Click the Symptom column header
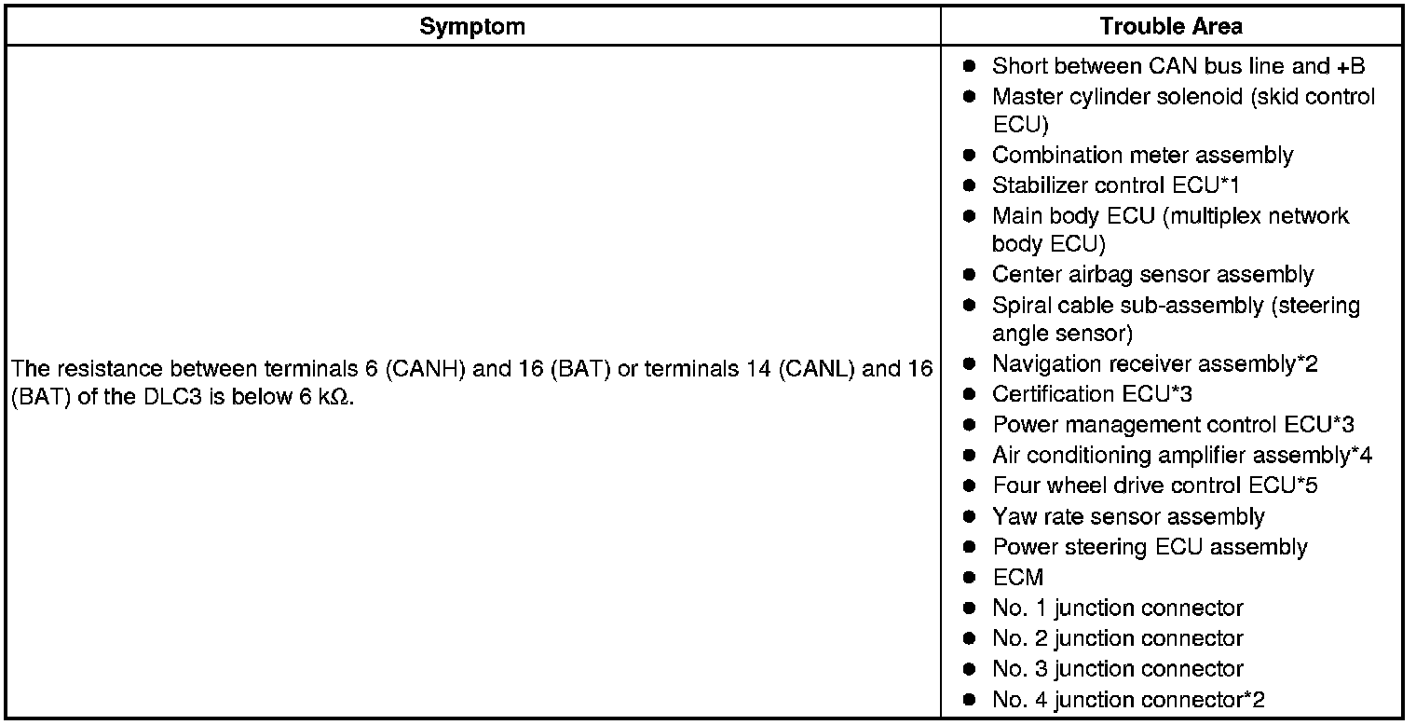(471, 26)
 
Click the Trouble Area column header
(1171, 26)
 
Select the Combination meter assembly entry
(1142, 155)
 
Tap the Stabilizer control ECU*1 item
(1115, 185)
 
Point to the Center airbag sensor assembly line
(1152, 275)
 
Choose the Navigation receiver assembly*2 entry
(1154, 364)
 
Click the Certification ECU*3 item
(1092, 394)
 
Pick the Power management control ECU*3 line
(1173, 425)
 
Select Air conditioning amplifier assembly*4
(1181, 456)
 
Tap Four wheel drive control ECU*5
(1154, 486)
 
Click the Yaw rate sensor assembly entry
(1128, 516)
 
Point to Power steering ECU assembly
(1150, 547)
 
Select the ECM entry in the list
(1017, 578)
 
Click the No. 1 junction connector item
(1117, 609)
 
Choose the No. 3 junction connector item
(1117, 669)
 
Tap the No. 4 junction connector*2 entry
(1128, 700)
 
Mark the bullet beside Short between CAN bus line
(970, 67)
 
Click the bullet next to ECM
(970, 578)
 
